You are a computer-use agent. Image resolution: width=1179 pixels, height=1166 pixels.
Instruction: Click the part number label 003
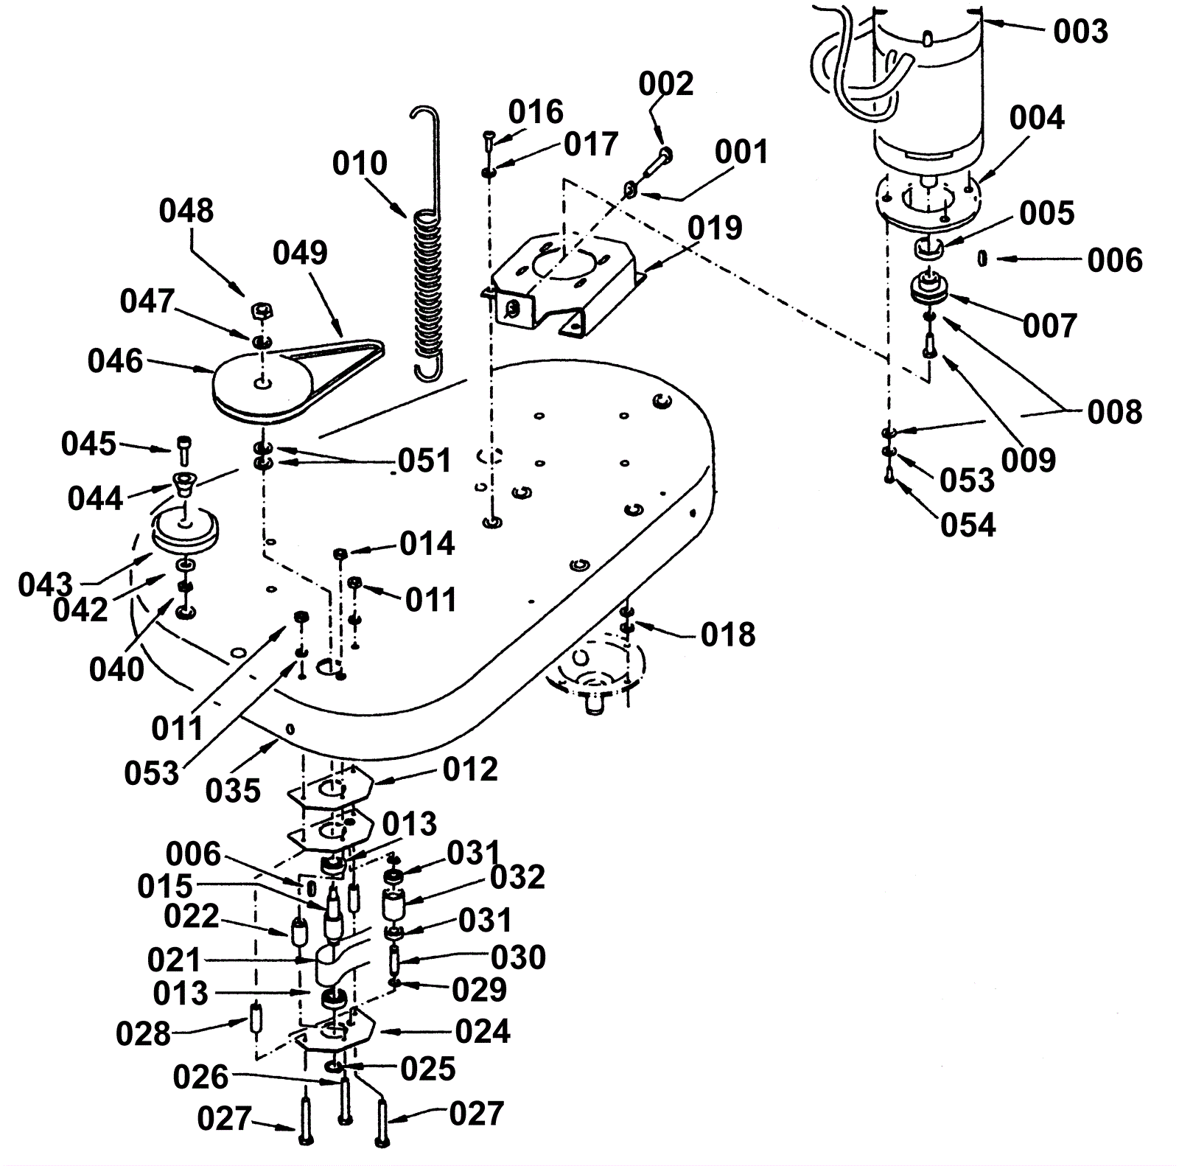click(x=1080, y=32)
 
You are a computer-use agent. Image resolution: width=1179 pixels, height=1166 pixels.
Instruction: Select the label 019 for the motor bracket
click(x=715, y=228)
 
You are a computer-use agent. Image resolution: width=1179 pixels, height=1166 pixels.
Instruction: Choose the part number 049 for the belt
click(x=300, y=253)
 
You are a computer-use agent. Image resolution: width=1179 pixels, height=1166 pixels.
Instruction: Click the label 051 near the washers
click(x=424, y=461)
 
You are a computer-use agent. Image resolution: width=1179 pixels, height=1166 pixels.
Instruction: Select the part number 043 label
click(x=46, y=585)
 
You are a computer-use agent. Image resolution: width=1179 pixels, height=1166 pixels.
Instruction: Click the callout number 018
click(x=728, y=635)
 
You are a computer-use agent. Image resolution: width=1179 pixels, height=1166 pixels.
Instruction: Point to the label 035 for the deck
click(x=233, y=791)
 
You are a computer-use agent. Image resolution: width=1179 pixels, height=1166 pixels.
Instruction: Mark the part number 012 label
click(x=470, y=769)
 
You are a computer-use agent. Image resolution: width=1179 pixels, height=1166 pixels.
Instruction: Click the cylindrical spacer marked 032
click(x=394, y=904)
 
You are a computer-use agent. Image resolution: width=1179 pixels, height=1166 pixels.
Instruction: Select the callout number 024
click(x=483, y=1031)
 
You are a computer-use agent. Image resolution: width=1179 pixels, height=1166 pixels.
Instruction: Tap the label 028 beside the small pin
click(x=143, y=1034)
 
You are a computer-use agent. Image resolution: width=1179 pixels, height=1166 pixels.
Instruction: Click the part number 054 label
click(x=968, y=526)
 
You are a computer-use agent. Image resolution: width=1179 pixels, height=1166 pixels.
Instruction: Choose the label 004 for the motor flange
click(x=1037, y=118)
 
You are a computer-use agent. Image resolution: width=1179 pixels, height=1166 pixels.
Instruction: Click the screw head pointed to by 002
click(x=665, y=154)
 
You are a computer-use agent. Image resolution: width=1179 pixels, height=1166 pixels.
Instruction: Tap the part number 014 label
click(x=427, y=544)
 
